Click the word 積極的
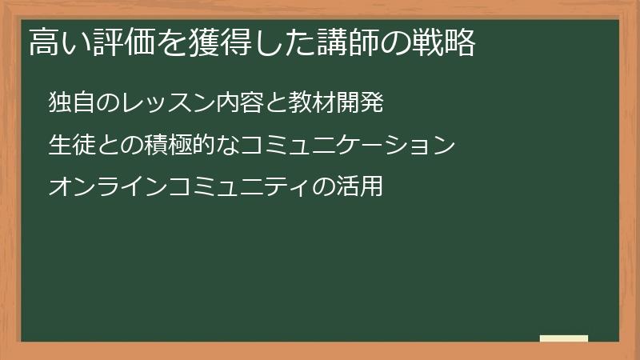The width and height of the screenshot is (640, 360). (x=182, y=146)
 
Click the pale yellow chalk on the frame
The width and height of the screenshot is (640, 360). (x=564, y=339)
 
